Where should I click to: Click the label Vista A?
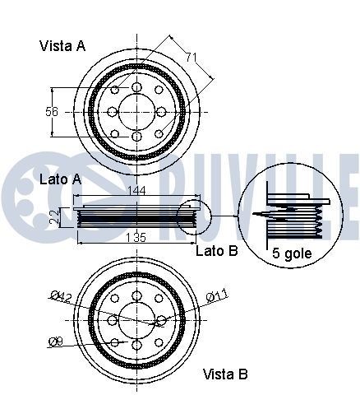click(x=62, y=46)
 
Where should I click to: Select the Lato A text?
click(x=60, y=179)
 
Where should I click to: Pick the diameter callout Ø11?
click(x=215, y=295)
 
